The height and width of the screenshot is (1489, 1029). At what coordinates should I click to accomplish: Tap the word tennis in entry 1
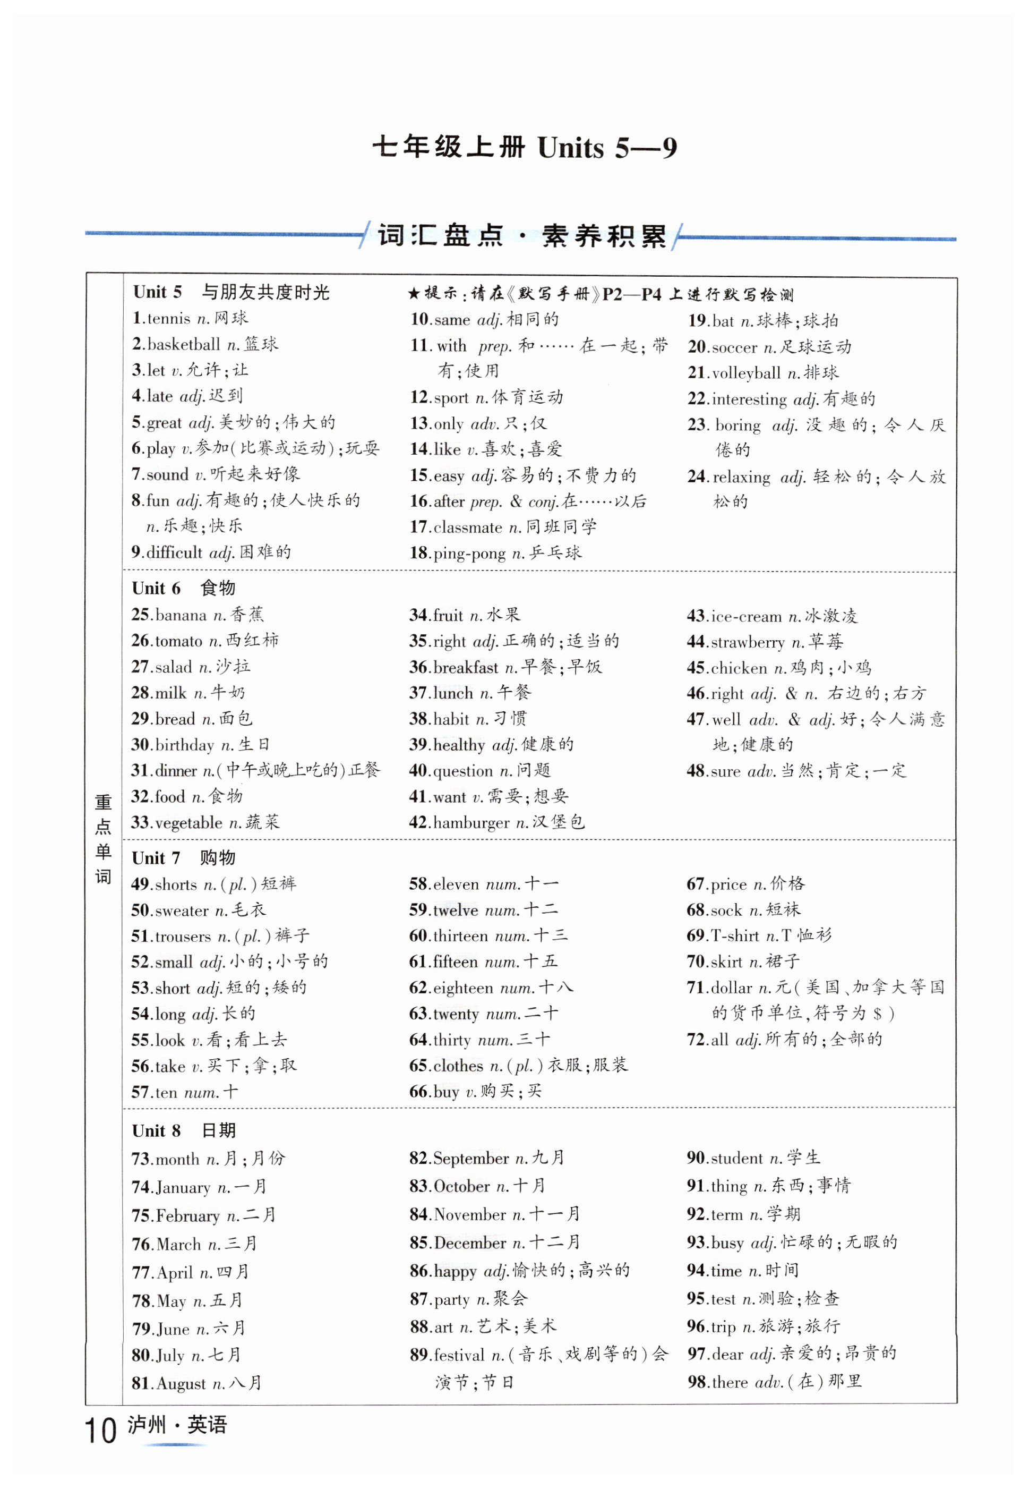pos(169,319)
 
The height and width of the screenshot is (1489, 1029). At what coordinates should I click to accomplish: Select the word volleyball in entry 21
pos(746,373)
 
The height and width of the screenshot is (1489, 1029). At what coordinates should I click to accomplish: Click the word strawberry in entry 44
pos(747,642)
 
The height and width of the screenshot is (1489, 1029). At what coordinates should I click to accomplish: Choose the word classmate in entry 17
pos(467,527)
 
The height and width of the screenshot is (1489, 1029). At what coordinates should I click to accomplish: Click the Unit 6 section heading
pos(157,588)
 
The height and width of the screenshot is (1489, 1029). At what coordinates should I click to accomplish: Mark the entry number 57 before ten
pos(141,1092)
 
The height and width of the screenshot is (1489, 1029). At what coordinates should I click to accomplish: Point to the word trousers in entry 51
pos(184,937)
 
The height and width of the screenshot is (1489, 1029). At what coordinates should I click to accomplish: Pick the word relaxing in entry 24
pos(741,477)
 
